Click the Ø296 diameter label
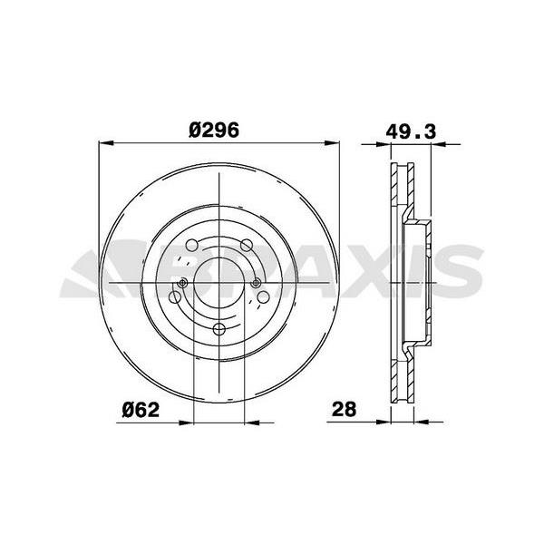click(x=214, y=129)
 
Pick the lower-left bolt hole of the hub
click(x=177, y=296)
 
